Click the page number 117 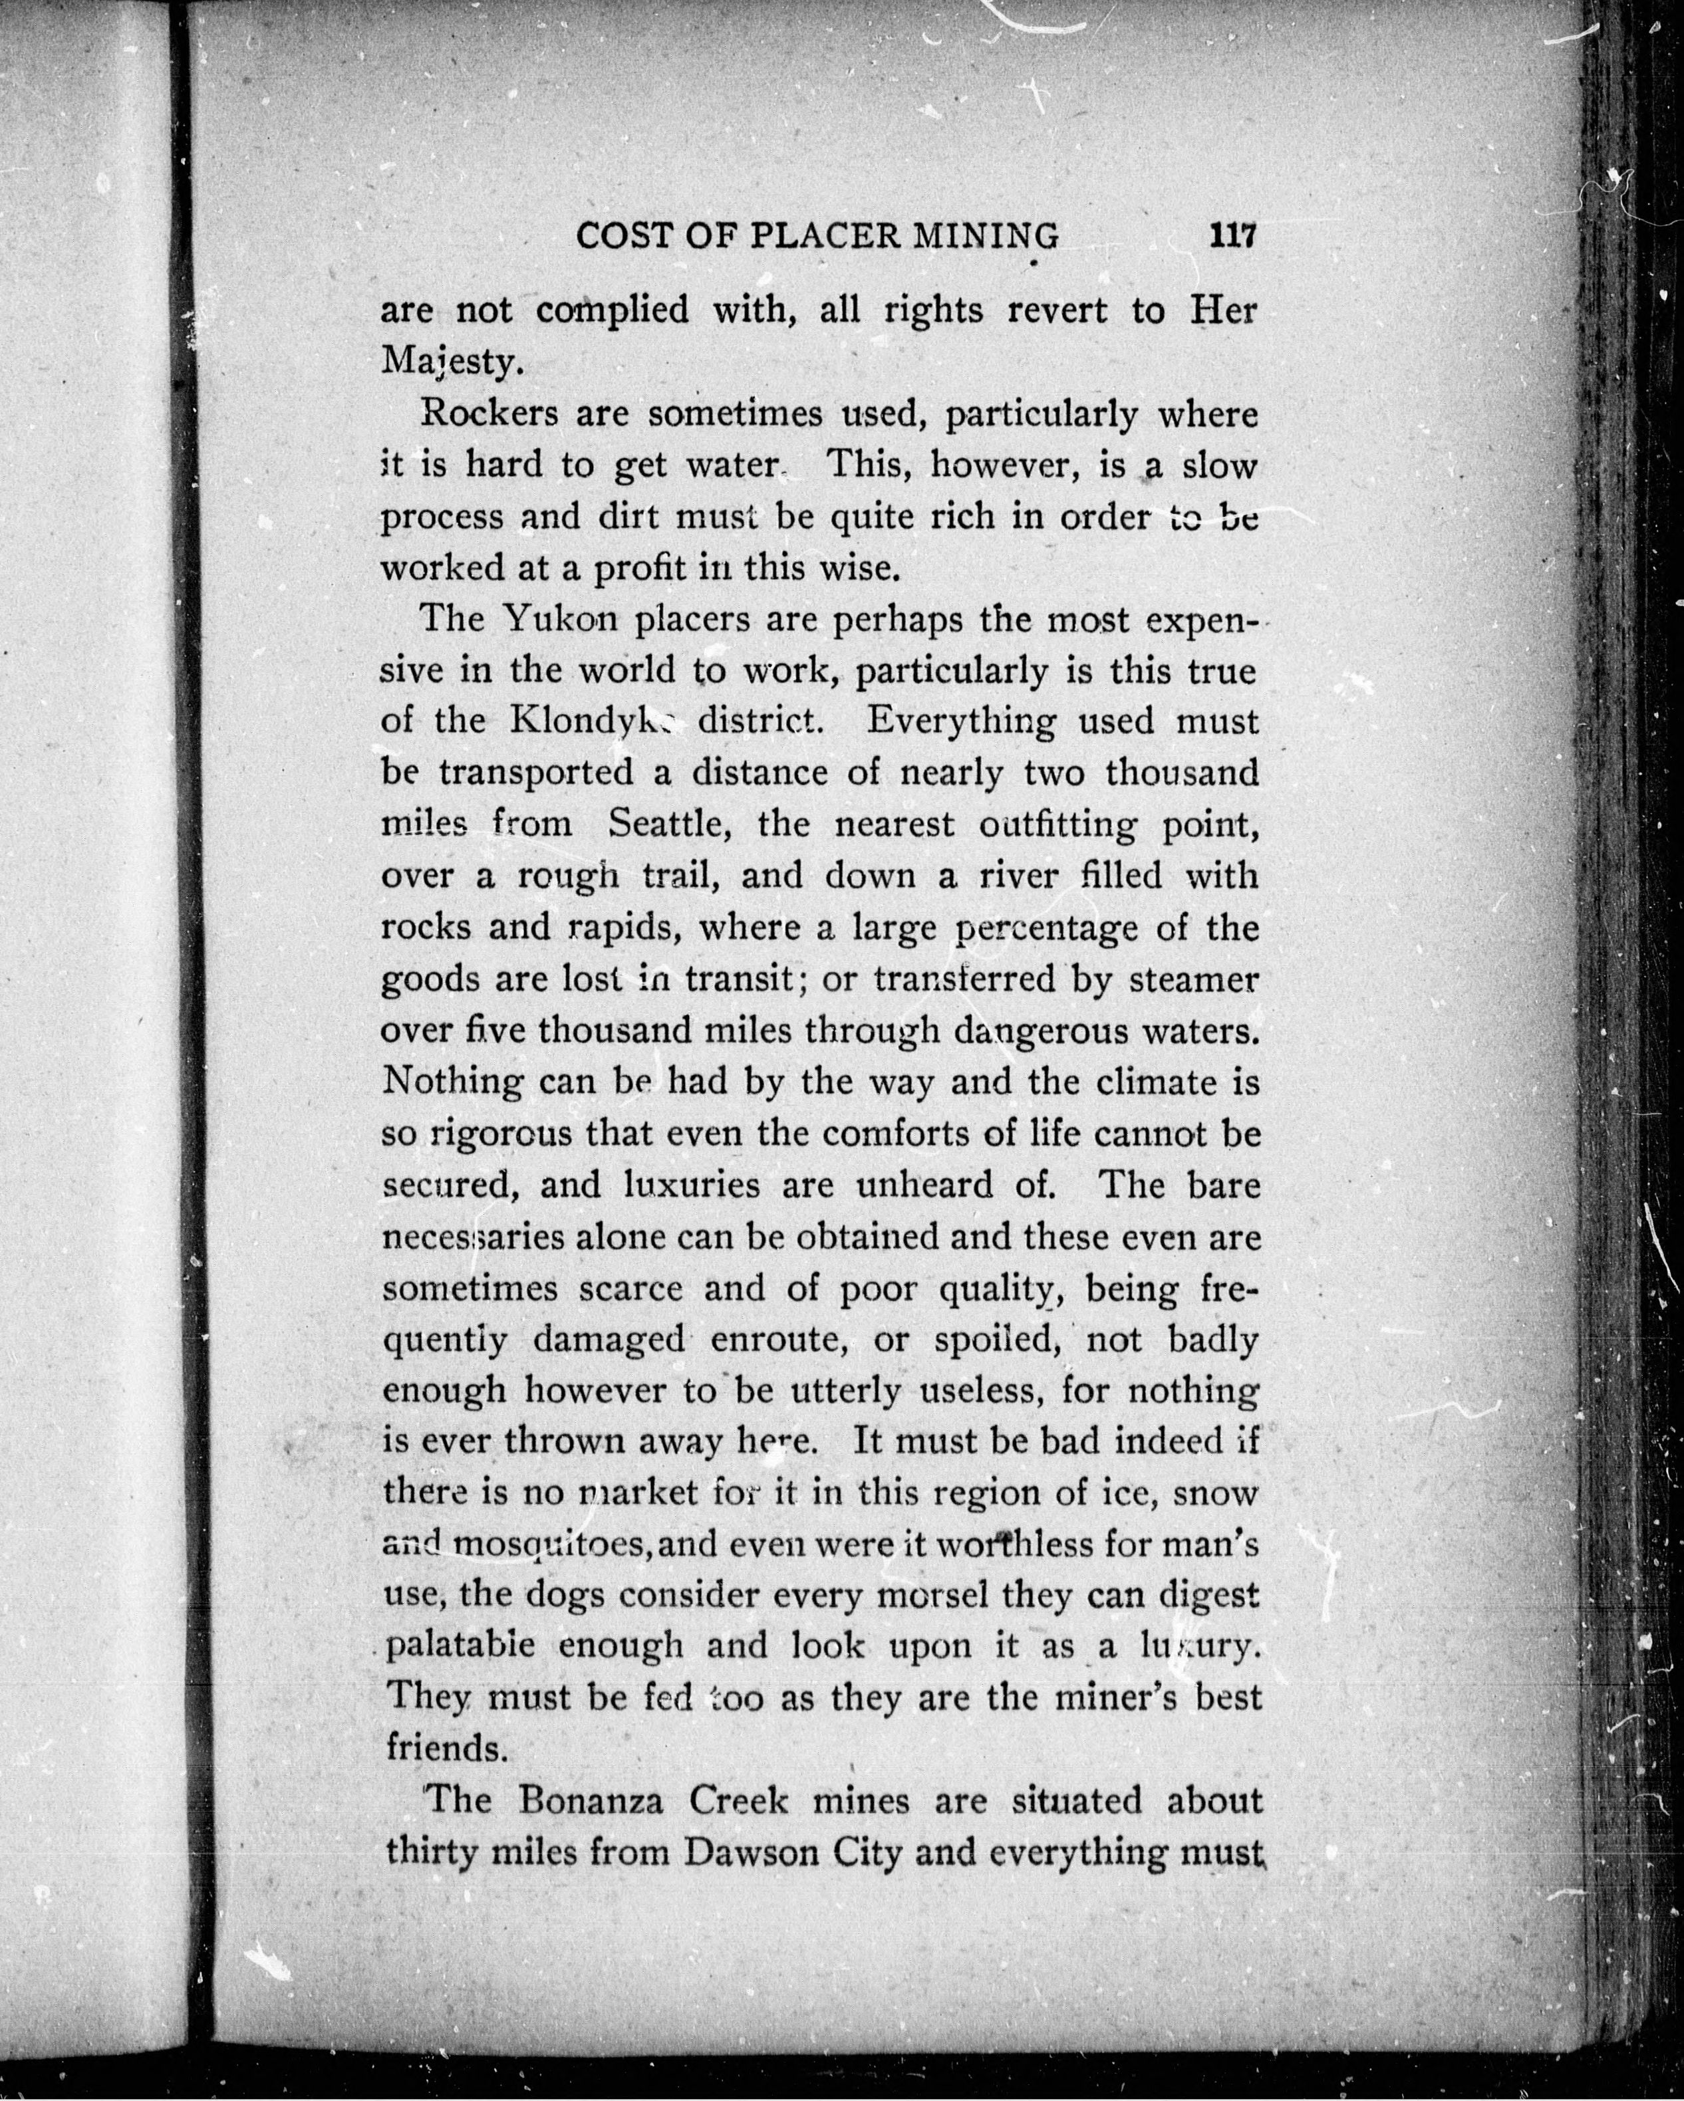click(x=1233, y=236)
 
